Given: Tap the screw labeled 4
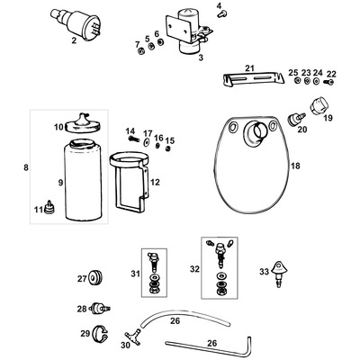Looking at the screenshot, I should tap(220, 14).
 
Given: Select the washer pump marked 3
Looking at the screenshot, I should tap(191, 36).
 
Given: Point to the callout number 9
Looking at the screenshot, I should tap(60, 184).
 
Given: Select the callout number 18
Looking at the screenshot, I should tap(296, 166).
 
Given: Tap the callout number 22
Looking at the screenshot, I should tap(331, 73).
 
